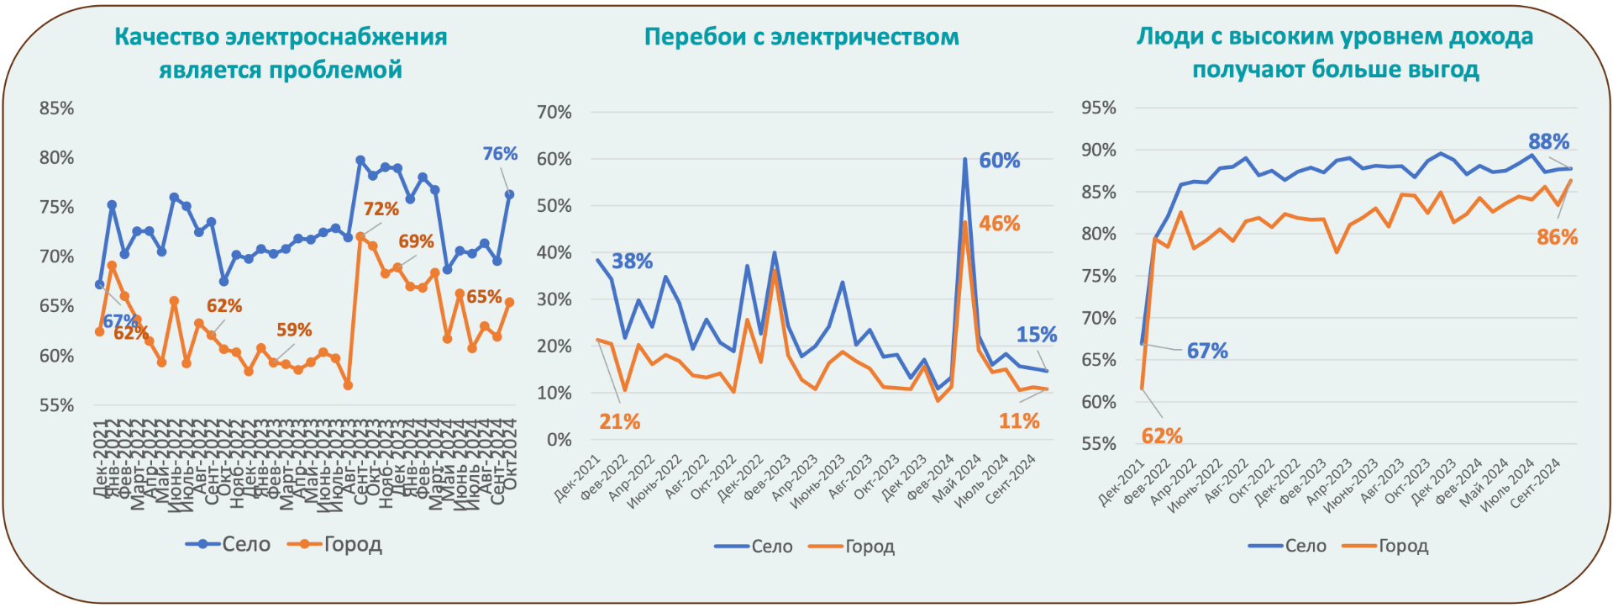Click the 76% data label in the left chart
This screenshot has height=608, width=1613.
tap(499, 154)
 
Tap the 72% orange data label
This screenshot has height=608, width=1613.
tap(381, 209)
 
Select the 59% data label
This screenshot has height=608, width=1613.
tap(294, 330)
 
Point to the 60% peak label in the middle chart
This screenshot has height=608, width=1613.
tap(999, 161)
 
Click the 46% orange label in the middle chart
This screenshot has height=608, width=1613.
tap(999, 224)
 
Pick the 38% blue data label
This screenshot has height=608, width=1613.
tap(632, 262)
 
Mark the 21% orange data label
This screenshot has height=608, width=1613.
tap(619, 421)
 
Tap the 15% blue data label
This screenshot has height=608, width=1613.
tap(1036, 335)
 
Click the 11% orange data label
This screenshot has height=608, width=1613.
tap(1018, 420)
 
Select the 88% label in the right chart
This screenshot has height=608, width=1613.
tap(1548, 141)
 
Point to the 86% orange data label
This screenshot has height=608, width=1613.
tap(1557, 237)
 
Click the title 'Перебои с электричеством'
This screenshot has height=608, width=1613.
tap(801, 37)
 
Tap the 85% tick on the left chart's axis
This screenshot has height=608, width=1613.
tap(56, 108)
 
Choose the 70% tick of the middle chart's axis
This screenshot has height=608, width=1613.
tap(554, 112)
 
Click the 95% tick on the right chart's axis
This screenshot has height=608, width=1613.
tap(1099, 108)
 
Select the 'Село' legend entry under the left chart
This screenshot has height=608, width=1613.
tap(245, 544)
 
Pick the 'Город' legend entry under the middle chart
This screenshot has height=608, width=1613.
tap(869, 547)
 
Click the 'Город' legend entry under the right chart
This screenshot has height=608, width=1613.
tap(1403, 546)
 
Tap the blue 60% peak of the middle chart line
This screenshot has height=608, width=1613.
tap(965, 159)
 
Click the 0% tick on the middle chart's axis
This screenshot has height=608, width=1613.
tap(559, 440)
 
